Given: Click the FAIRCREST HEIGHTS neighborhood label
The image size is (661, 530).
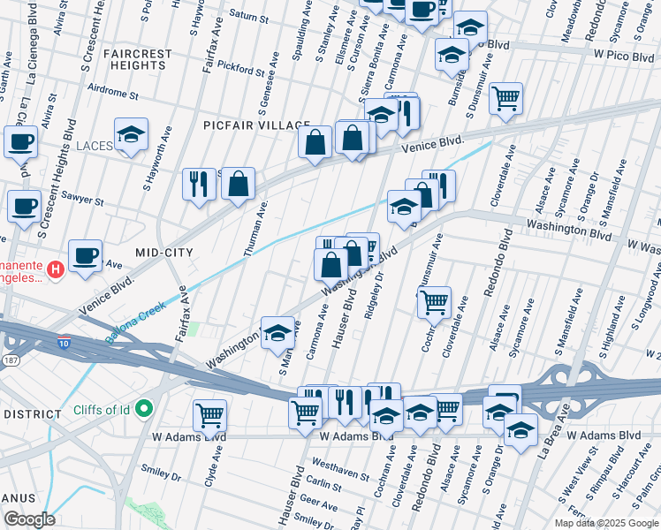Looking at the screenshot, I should (137, 59).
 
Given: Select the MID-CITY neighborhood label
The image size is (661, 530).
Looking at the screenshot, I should (163, 253).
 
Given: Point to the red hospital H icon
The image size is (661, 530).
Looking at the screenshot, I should (55, 269).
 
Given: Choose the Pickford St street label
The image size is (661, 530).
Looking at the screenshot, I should (241, 68).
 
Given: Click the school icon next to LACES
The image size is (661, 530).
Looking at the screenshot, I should (131, 135).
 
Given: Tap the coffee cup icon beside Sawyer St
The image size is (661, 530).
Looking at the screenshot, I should (25, 206).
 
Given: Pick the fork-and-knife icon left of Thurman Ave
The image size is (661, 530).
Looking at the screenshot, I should (199, 184).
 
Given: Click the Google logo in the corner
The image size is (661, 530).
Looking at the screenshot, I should (28, 519).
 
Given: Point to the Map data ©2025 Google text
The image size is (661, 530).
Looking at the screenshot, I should (605, 523).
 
